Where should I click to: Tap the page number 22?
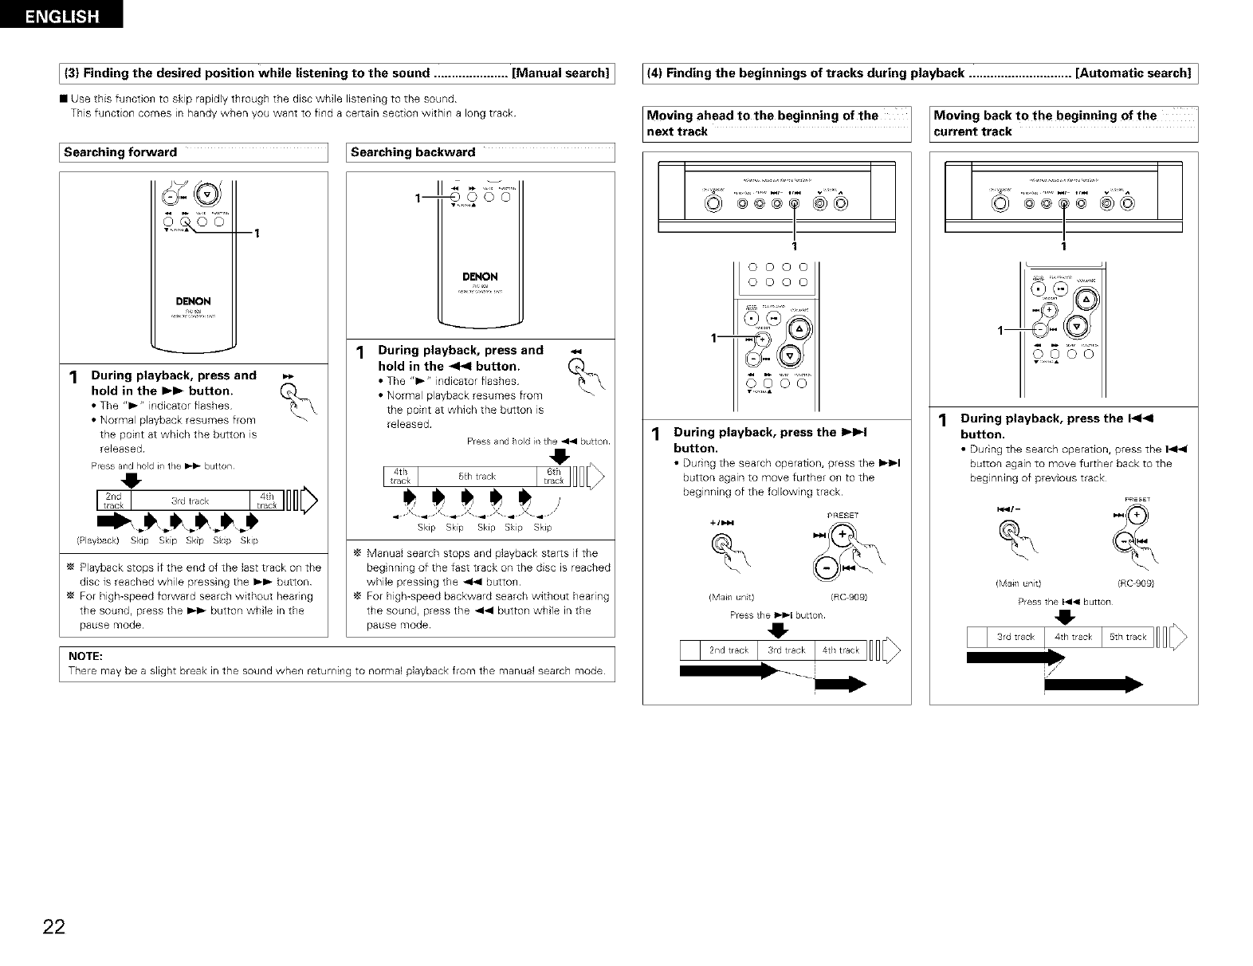[54, 927]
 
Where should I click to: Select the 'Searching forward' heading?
[120, 152]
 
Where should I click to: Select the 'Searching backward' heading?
[413, 152]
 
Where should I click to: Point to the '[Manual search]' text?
[561, 73]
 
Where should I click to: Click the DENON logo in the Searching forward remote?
[193, 301]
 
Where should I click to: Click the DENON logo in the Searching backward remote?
[480, 277]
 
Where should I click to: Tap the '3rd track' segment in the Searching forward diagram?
[190, 501]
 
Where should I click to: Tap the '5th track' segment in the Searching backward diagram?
[477, 477]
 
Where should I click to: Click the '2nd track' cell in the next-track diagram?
[729, 650]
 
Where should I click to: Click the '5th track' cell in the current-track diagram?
[1127, 637]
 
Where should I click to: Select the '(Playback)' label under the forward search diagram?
[97, 540]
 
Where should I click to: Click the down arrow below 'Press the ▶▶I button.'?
[777, 630]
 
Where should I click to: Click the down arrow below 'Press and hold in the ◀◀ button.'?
[560, 456]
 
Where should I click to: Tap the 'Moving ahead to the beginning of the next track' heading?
[762, 124]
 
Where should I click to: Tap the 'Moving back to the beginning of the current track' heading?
[1045, 124]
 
